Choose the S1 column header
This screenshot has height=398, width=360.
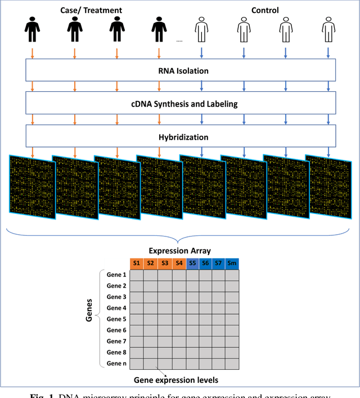point(137,263)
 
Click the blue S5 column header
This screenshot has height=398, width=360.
point(192,263)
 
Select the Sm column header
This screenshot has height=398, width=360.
point(232,263)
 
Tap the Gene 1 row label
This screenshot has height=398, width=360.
point(116,275)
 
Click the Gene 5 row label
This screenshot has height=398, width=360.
point(116,319)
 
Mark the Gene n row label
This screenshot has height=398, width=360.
point(116,363)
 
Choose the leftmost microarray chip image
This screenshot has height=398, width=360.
point(31,185)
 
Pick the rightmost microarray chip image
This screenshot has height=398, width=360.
point(327,184)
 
